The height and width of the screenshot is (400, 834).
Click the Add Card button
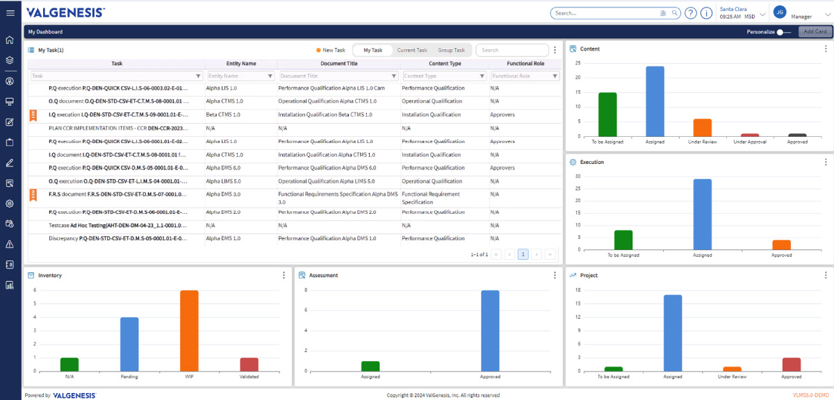pyautogui.click(x=815, y=32)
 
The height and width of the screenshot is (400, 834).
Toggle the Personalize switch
pyautogui.click(x=784, y=32)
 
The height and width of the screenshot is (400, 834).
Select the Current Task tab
pyautogui.click(x=412, y=50)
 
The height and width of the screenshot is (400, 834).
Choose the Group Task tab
pyautogui.click(x=451, y=50)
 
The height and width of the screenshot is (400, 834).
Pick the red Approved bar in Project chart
pyautogui.click(x=792, y=365)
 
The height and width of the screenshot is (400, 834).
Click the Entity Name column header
pyautogui.click(x=241, y=63)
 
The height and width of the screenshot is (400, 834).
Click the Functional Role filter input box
pyautogui.click(x=521, y=76)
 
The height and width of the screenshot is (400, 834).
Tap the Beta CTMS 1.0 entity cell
pyautogui.click(x=223, y=115)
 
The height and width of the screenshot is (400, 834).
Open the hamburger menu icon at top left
pyautogui.click(x=10, y=13)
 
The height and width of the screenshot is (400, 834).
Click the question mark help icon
pyautogui.click(x=691, y=13)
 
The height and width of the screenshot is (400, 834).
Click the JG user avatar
pyautogui.click(x=780, y=12)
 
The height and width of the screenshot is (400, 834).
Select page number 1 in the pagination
pyautogui.click(x=523, y=254)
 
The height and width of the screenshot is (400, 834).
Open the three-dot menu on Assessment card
pyautogui.click(x=555, y=275)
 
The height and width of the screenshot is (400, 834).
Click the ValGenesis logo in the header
pyautogui.click(x=66, y=12)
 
